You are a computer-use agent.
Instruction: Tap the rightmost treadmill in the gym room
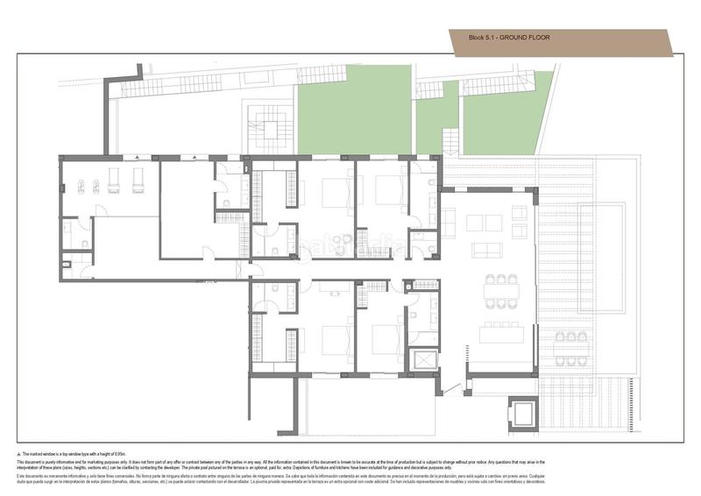tap(138, 180)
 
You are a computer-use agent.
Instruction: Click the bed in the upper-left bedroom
tap(336, 192)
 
